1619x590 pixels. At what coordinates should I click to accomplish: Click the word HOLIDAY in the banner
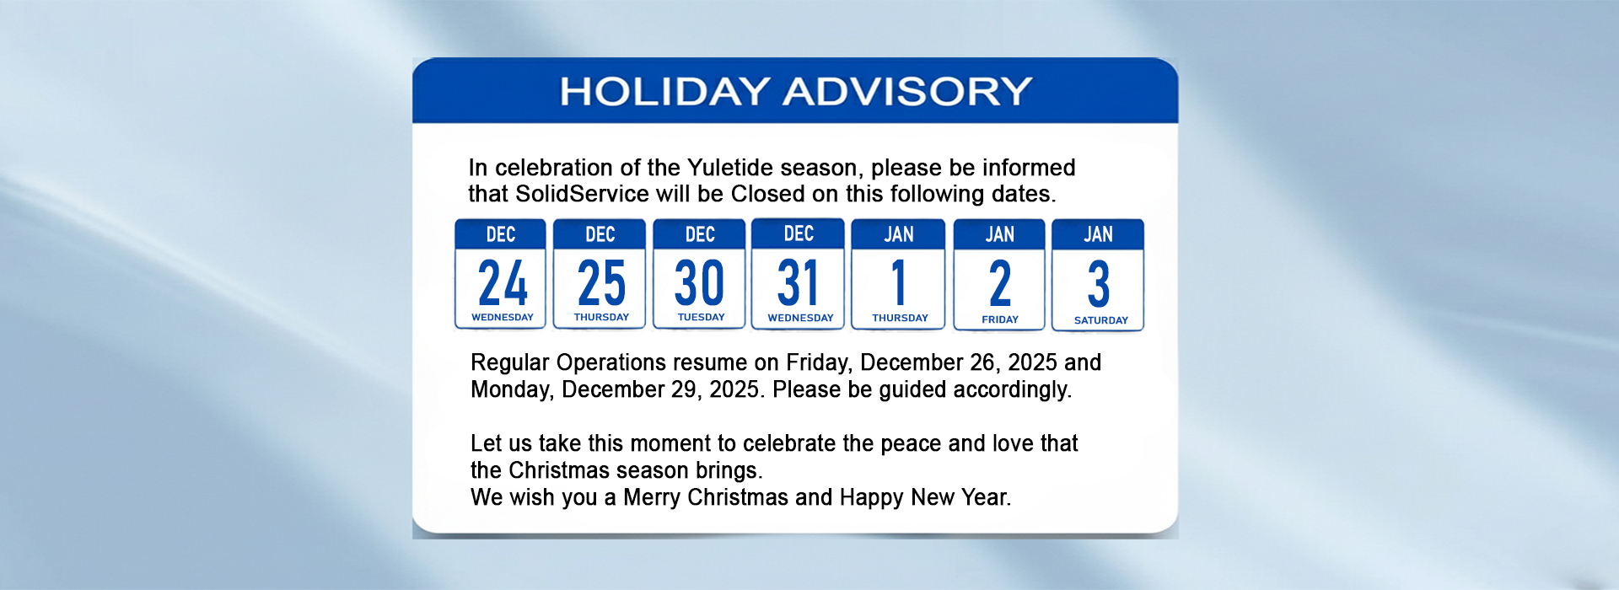pyautogui.click(x=665, y=91)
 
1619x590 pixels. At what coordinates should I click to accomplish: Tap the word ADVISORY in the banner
pyautogui.click(x=908, y=91)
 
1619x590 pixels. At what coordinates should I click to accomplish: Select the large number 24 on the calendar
pyautogui.click(x=503, y=282)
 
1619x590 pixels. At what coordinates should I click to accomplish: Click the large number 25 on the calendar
pyautogui.click(x=601, y=282)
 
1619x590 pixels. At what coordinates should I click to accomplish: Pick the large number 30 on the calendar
pyautogui.click(x=700, y=282)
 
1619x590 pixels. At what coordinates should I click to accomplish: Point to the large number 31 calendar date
pyautogui.click(x=798, y=282)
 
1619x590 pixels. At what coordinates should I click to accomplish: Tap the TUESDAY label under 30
pyautogui.click(x=702, y=317)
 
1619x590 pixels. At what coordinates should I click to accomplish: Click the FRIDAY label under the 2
pyautogui.click(x=1000, y=319)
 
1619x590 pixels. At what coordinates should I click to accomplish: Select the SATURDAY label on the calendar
pyautogui.click(x=1101, y=320)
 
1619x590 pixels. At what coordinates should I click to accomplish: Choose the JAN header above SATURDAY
pyautogui.click(x=1098, y=234)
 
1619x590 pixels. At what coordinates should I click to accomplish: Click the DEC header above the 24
pyautogui.click(x=501, y=234)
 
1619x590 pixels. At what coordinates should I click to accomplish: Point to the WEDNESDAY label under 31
pyautogui.click(x=800, y=318)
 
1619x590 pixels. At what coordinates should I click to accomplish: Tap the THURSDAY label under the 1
pyautogui.click(x=900, y=318)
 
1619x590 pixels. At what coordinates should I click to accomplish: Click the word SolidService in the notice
pyautogui.click(x=582, y=194)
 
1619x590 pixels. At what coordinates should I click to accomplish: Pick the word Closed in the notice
pyautogui.click(x=767, y=194)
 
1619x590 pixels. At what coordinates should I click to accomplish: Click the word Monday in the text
pyautogui.click(x=512, y=389)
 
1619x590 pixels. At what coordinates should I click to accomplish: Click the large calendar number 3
pyautogui.click(x=1098, y=284)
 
